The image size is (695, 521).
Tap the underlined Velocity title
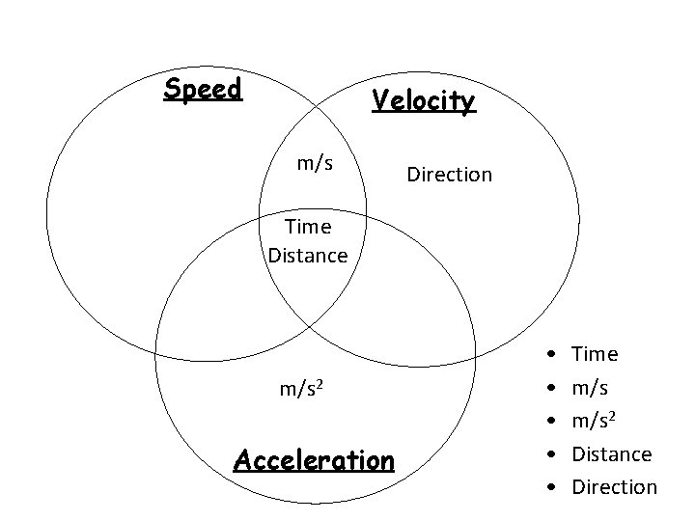click(x=424, y=100)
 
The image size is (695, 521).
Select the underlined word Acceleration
click(x=315, y=458)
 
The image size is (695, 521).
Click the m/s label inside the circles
click(x=315, y=163)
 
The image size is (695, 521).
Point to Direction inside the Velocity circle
click(x=449, y=175)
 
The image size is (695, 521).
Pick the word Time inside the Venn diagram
click(x=308, y=228)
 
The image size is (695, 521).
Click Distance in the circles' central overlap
click(x=308, y=256)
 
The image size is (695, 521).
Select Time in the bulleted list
click(x=595, y=354)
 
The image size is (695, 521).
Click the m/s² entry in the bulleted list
click(x=594, y=421)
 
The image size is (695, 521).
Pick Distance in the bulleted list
click(x=612, y=453)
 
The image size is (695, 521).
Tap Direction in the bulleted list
click(x=614, y=487)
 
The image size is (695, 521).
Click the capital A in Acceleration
click(x=244, y=458)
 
